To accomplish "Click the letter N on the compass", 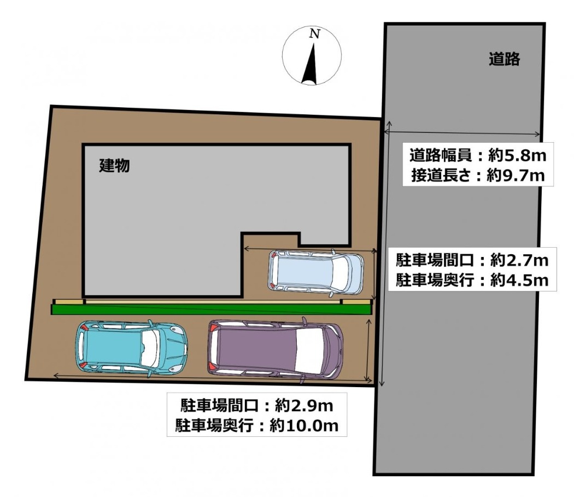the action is [x=314, y=34].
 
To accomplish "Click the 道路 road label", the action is [x=504, y=59].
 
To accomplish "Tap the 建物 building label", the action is [x=115, y=166].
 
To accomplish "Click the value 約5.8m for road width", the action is [x=517, y=156].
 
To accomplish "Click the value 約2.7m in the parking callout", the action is [x=519, y=260].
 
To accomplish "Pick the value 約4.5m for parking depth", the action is [x=519, y=280].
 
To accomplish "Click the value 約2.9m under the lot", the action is [x=304, y=406].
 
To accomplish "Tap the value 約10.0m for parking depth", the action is [x=304, y=425].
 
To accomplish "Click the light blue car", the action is [x=316, y=272].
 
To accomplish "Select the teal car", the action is [x=131, y=347].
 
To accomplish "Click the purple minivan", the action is [x=276, y=350].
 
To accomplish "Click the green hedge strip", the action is [x=211, y=309].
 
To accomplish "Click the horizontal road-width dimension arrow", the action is [x=462, y=132].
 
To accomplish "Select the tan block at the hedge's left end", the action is [x=68, y=301].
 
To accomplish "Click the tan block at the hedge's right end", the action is [x=356, y=301].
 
